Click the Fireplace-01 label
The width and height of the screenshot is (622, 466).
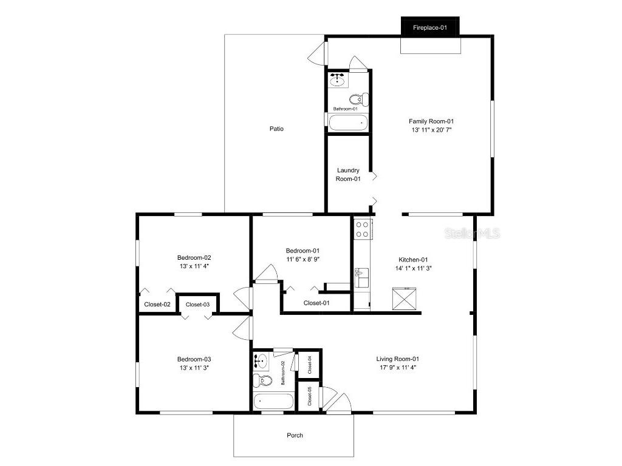[x=429, y=28]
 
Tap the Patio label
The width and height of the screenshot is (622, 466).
[x=276, y=129]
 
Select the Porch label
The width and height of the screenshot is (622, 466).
[x=295, y=435]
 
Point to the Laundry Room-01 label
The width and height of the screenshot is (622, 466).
[x=348, y=175]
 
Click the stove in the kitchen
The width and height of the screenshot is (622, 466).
[x=363, y=229]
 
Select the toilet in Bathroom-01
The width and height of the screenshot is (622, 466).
[x=358, y=98]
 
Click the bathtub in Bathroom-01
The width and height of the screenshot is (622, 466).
[x=348, y=123]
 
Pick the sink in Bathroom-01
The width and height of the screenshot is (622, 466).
[x=337, y=80]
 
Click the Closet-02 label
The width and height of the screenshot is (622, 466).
[x=157, y=305]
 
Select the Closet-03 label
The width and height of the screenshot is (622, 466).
[x=197, y=305]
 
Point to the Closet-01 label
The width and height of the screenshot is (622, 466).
[x=316, y=303]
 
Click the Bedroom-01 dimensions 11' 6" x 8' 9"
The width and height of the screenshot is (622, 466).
[x=302, y=259]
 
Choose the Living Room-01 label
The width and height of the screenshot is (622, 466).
[x=398, y=359]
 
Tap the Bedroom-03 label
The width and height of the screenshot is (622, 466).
[x=194, y=359]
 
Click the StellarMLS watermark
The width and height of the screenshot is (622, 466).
[x=472, y=233]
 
